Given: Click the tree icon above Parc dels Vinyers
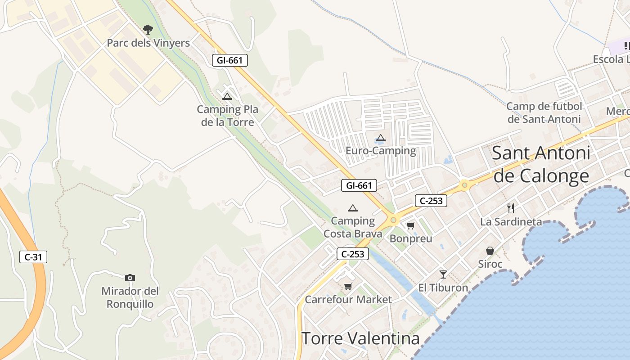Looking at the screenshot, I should (148, 30).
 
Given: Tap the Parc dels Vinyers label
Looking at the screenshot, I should (148, 43).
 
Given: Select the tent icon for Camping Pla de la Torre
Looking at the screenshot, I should (227, 96).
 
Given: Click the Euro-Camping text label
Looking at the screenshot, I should (381, 150).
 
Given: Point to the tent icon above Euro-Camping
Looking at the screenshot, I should (381, 138).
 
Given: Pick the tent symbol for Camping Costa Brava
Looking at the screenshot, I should (353, 208).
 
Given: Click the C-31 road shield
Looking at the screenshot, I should (33, 257).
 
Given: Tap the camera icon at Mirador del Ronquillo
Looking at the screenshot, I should (130, 278).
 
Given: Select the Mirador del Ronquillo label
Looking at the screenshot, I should (130, 297).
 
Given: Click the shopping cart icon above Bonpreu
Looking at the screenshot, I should (410, 225).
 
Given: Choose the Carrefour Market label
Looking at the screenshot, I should (348, 299).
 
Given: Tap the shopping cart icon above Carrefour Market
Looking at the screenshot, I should (348, 286).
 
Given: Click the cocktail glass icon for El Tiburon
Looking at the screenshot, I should (443, 274).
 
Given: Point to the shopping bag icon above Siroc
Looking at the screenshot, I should (490, 251).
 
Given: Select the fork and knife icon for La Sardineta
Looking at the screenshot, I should (511, 208).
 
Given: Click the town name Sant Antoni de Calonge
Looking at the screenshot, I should (541, 164).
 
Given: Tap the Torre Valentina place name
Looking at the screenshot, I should (360, 338).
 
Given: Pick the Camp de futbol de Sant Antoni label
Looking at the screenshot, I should (544, 112).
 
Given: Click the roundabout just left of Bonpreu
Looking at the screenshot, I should (394, 220).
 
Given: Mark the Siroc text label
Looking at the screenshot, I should (490, 264).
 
